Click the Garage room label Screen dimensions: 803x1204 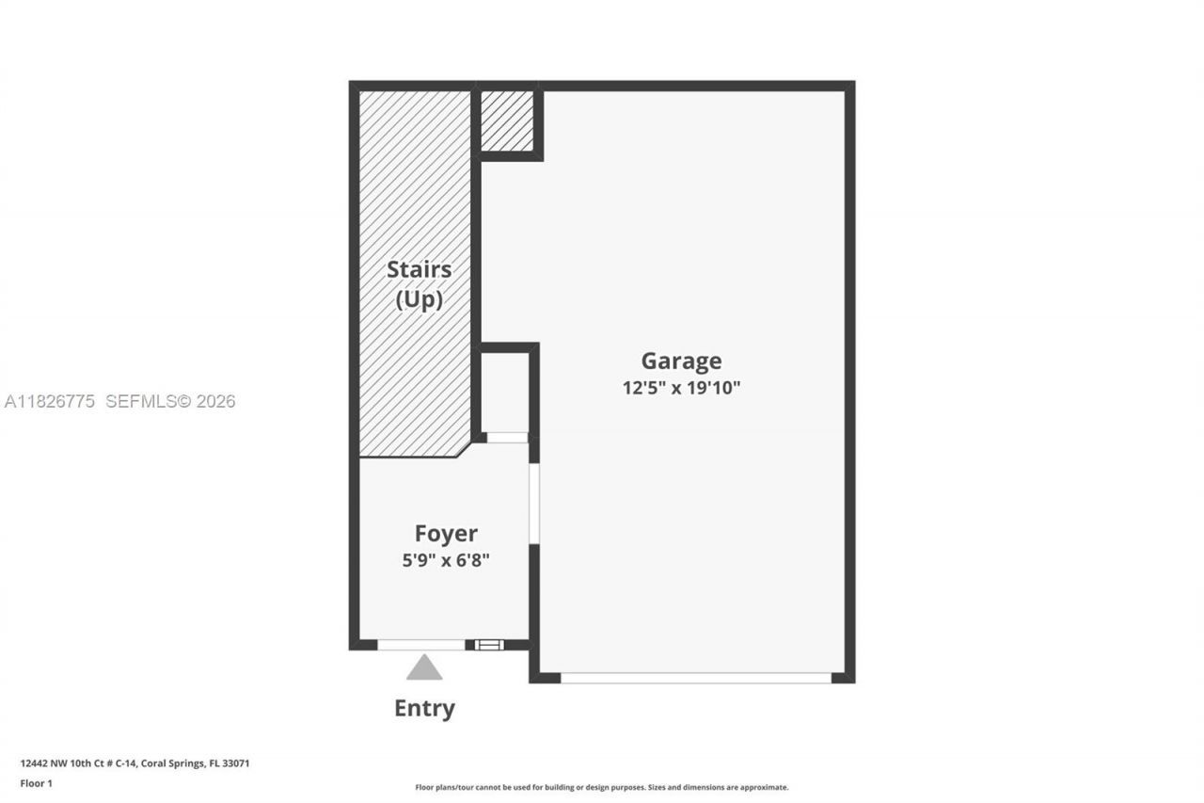[681, 361]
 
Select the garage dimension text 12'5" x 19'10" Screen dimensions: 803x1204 [681, 387]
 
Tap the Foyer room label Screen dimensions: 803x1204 [446, 534]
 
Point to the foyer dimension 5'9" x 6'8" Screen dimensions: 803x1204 [446, 560]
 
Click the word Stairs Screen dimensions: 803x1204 [419, 269]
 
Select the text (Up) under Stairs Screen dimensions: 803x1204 [419, 299]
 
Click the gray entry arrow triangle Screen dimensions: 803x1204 [424, 668]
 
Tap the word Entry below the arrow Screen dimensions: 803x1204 [424, 708]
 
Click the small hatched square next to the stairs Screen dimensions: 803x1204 [507, 120]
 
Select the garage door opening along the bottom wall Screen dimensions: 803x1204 [696, 677]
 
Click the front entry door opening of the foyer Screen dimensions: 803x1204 [421, 645]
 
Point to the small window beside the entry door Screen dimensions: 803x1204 [489, 645]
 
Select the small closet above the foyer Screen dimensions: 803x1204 [505, 392]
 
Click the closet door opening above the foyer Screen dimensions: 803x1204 [507, 438]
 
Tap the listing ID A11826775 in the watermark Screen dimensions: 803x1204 [50, 402]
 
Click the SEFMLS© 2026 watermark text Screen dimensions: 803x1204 [170, 402]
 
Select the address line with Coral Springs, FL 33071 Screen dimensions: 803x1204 [135, 763]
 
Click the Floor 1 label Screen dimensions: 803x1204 [37, 783]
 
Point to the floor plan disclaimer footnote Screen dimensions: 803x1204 [602, 787]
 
